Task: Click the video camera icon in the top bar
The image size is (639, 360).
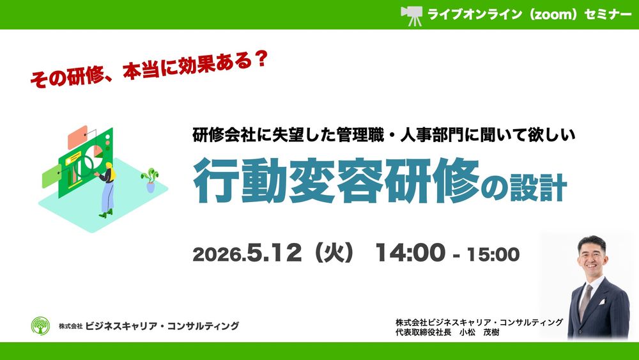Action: [411, 15]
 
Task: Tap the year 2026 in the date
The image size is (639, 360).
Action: [217, 255]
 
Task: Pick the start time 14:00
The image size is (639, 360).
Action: [410, 253]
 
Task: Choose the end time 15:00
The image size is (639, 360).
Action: [493, 254]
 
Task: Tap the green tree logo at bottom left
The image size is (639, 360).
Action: [40, 326]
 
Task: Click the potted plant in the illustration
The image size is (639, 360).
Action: [151, 179]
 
